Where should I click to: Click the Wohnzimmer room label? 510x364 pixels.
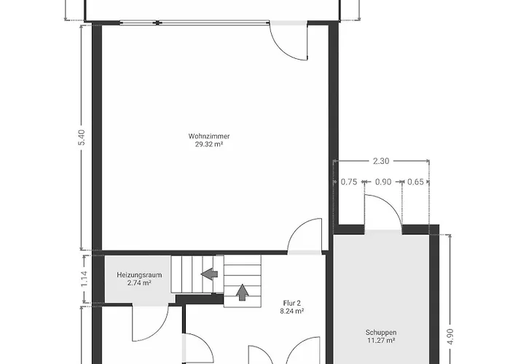click(x=209, y=136)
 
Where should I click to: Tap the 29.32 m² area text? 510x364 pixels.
click(x=209, y=144)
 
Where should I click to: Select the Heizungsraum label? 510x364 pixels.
click(x=139, y=275)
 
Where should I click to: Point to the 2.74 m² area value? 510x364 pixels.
click(x=139, y=282)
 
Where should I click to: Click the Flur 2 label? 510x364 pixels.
click(x=291, y=304)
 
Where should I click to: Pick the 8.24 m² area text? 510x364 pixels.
click(x=291, y=311)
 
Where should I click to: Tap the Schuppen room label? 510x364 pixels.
click(x=381, y=333)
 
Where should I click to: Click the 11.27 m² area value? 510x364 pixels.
click(x=381, y=341)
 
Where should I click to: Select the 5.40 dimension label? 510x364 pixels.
click(x=82, y=138)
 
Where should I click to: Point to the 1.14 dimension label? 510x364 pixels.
click(x=84, y=279)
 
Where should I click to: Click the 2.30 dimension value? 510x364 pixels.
click(x=381, y=161)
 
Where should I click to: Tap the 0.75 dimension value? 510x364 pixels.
click(x=349, y=182)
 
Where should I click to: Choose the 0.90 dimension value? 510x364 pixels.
click(x=383, y=182)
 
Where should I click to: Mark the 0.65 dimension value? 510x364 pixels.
click(x=416, y=182)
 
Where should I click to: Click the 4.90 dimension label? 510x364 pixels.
click(x=450, y=336)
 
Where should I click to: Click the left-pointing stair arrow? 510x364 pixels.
click(x=209, y=274)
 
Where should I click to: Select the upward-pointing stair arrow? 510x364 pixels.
click(x=242, y=292)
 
